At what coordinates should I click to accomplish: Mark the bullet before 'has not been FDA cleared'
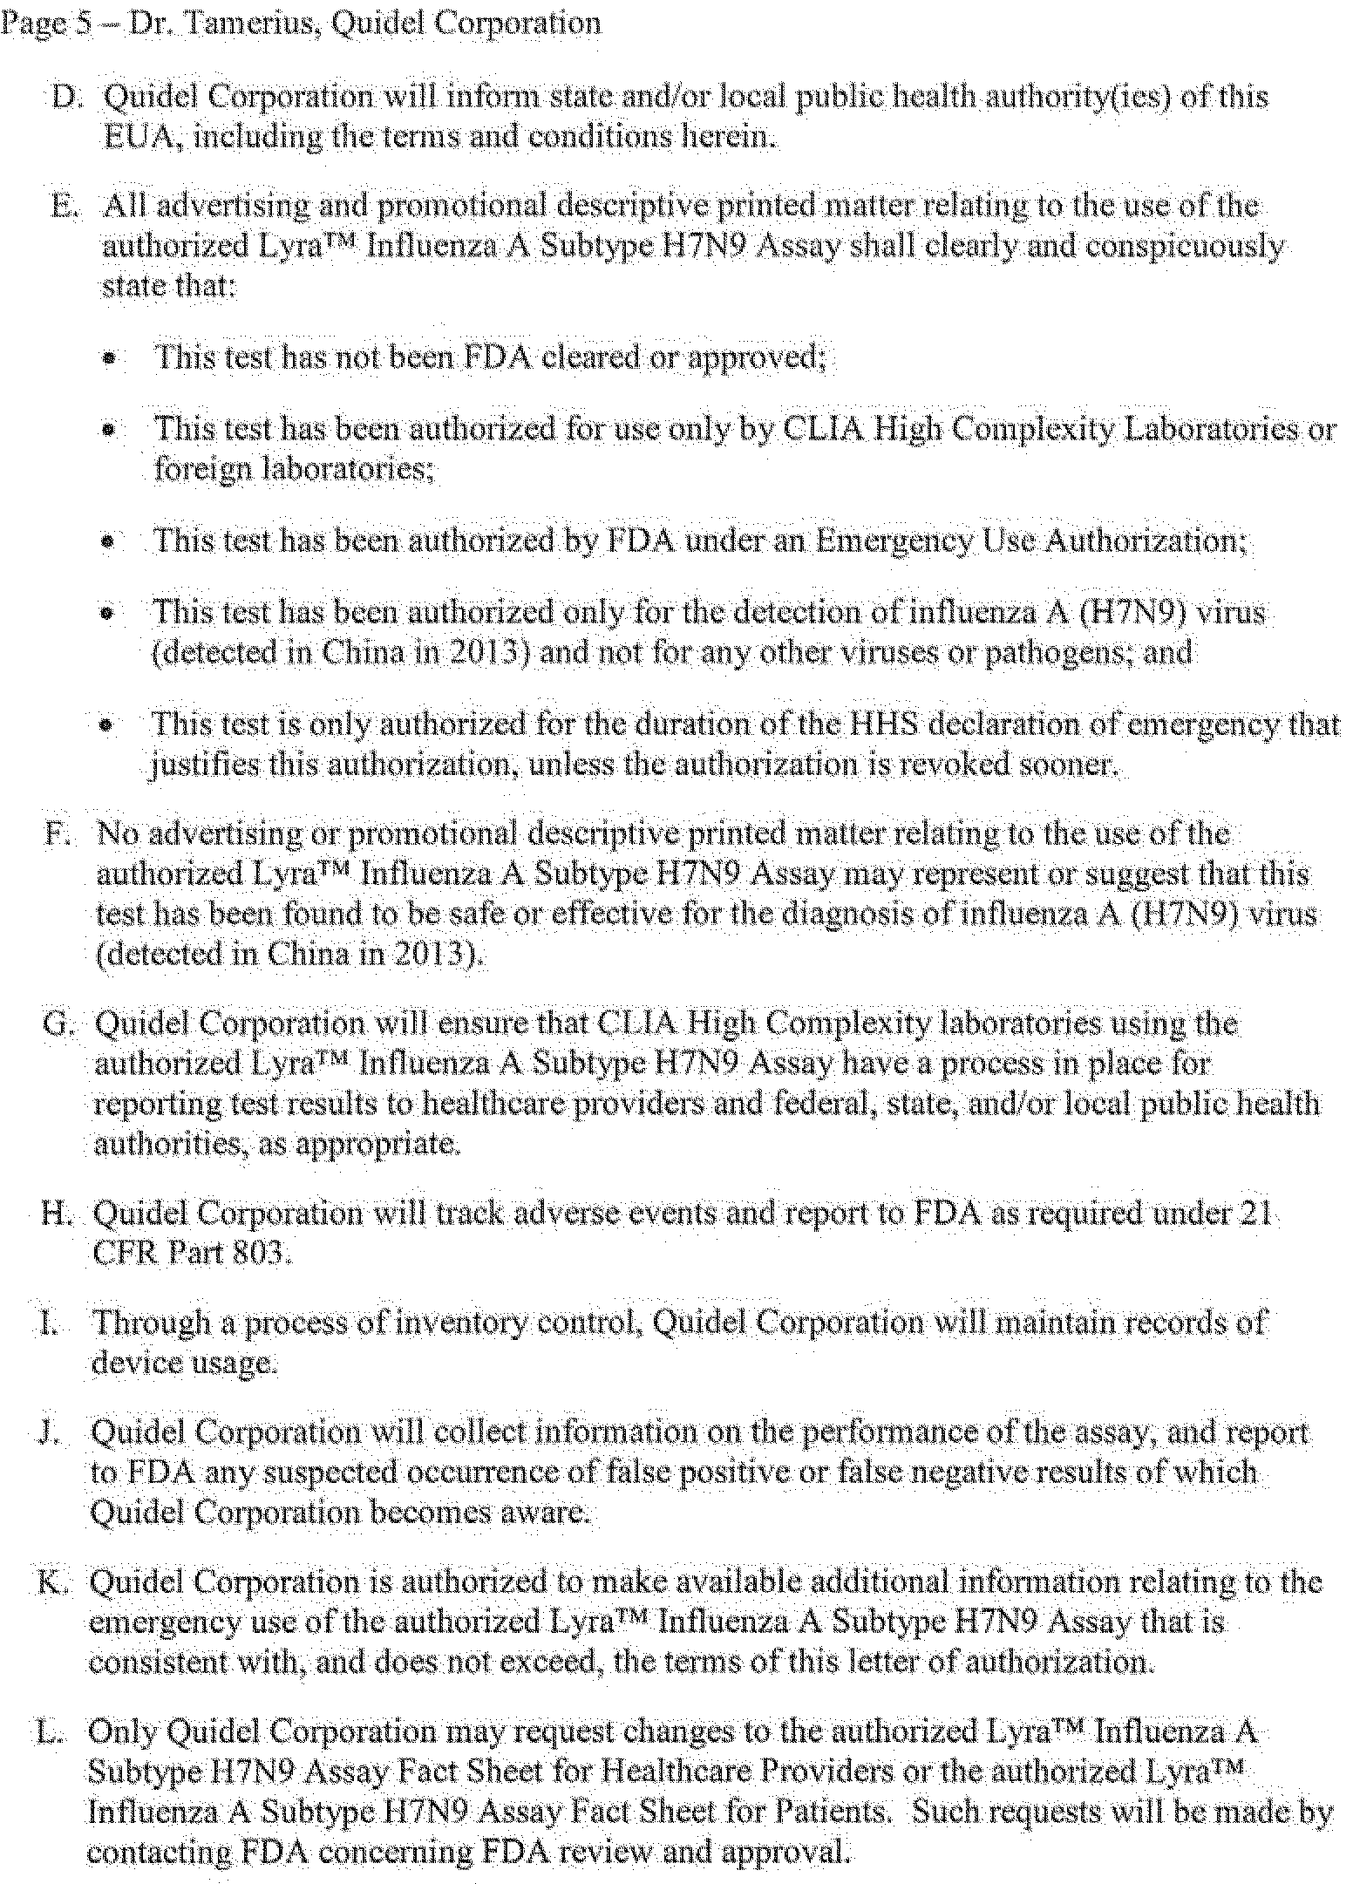(109, 358)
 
